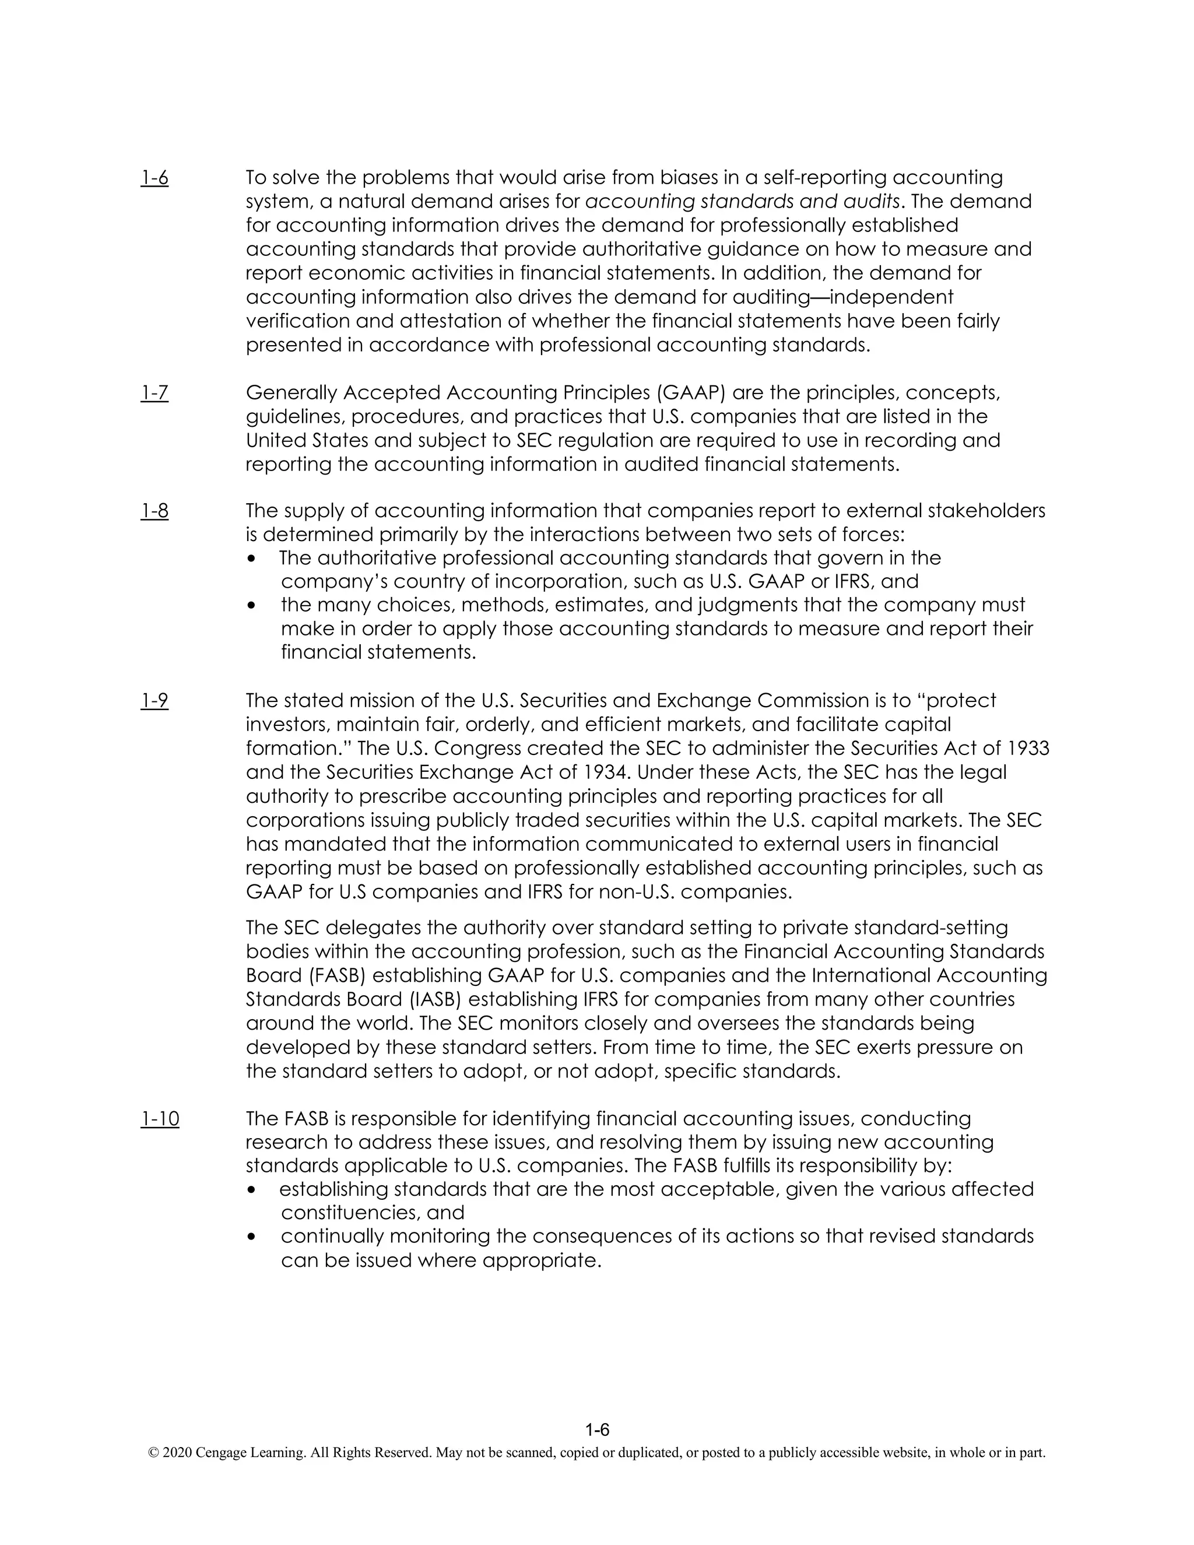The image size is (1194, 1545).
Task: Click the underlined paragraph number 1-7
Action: pos(154,392)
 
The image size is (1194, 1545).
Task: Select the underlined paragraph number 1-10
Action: pos(160,1118)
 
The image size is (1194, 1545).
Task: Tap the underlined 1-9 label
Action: pos(154,700)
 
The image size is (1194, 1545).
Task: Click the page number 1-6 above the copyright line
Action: pos(597,1430)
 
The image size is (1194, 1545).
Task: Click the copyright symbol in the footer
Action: pos(153,1453)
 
